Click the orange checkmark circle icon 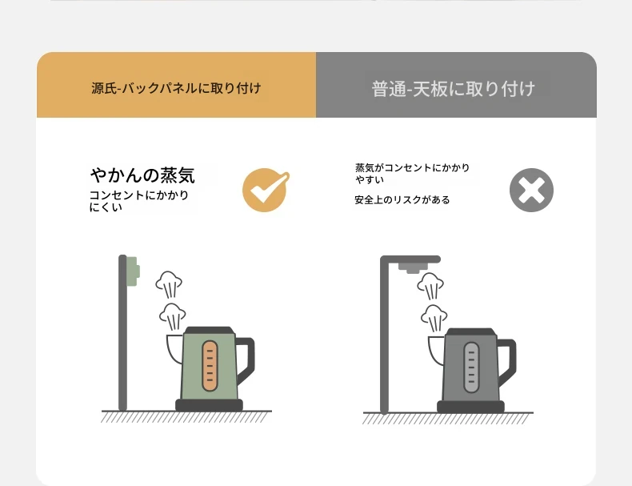click(x=265, y=190)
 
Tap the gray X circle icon click(x=531, y=190)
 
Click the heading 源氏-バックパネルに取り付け click(x=176, y=88)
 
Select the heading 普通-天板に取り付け click(x=454, y=89)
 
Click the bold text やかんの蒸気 click(x=142, y=175)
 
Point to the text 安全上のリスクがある click(x=402, y=199)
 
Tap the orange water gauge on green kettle click(x=210, y=366)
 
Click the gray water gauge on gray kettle click(x=471, y=368)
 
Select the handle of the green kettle click(x=246, y=360)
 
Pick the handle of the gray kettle click(x=507, y=362)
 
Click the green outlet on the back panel click(x=133, y=271)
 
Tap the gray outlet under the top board click(x=413, y=267)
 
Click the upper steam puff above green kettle click(x=169, y=284)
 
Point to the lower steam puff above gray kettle click(x=434, y=318)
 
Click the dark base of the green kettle click(x=209, y=405)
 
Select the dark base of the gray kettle click(x=470, y=407)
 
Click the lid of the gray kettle click(x=470, y=332)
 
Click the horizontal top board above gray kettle click(x=410, y=259)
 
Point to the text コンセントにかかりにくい click(x=139, y=201)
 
